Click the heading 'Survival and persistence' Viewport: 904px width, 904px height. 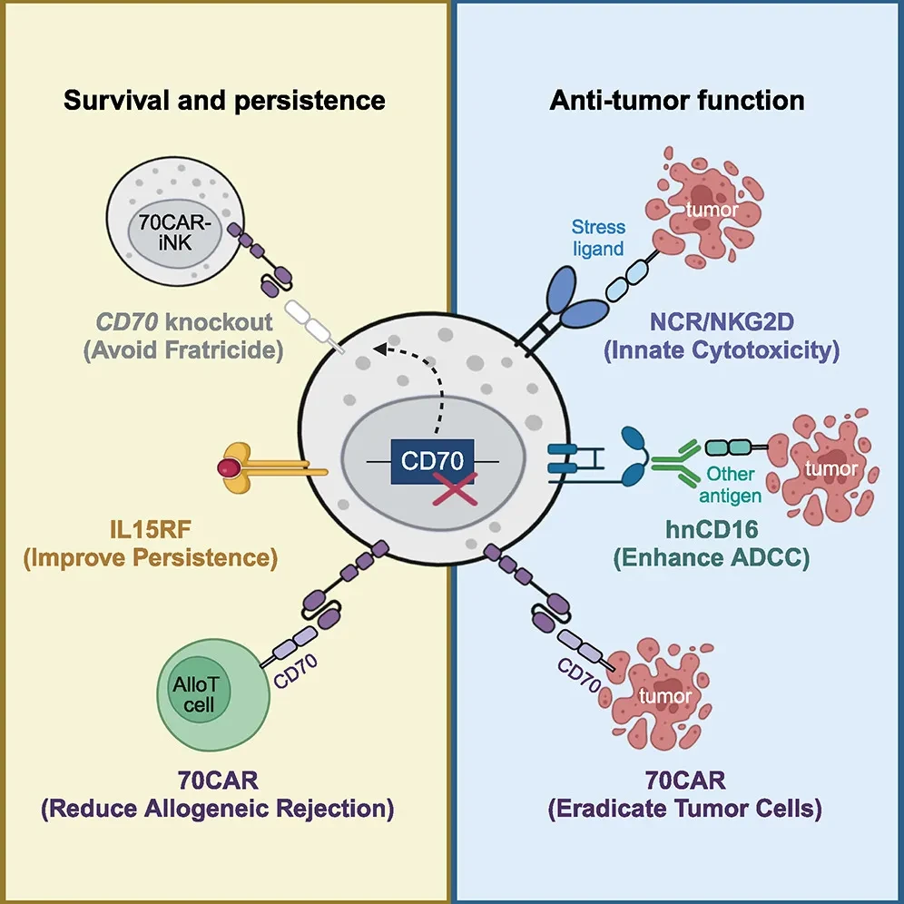224,101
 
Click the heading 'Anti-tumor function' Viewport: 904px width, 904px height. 677,101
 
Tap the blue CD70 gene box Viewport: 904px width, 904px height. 432,461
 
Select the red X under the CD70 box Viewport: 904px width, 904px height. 456,488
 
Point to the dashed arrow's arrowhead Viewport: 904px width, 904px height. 380,349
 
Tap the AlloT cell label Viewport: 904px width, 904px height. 196,694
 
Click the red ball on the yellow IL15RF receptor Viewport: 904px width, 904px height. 229,467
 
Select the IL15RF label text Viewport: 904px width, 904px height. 151,529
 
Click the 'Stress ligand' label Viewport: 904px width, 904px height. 598,238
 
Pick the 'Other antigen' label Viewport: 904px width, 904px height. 731,485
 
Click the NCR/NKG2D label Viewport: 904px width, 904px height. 722,321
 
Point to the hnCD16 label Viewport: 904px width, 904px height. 712,529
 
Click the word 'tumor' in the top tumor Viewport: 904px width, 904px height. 712,209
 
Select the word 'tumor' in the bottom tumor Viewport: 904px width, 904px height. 665,696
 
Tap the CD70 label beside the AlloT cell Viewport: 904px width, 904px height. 295,671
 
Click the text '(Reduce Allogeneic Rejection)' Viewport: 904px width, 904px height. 218,809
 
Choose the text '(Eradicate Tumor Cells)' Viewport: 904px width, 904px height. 685,809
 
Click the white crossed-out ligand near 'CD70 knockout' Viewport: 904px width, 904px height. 315,327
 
